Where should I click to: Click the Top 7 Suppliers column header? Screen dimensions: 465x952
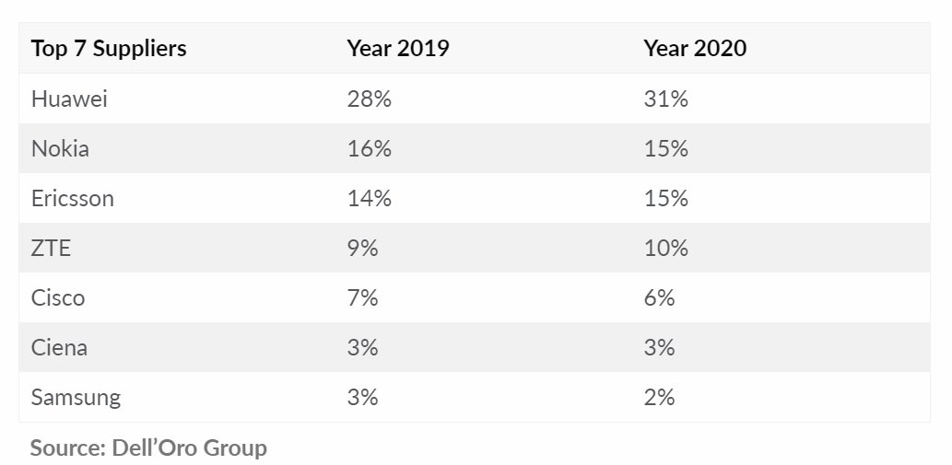pyautogui.click(x=109, y=49)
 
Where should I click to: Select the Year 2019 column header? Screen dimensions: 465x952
pyautogui.click(x=397, y=49)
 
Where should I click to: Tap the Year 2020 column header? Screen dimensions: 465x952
pyautogui.click(x=695, y=49)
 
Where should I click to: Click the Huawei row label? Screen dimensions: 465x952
pyautogui.click(x=69, y=99)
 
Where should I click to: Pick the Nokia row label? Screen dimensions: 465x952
pyautogui.click(x=60, y=148)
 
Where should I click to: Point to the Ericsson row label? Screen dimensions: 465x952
pyautogui.click(x=73, y=198)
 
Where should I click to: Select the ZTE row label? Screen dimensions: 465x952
pyautogui.click(x=52, y=248)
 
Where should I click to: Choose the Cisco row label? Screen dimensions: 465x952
pyautogui.click(x=58, y=297)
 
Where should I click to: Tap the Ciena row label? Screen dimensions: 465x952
pyautogui.click(x=60, y=347)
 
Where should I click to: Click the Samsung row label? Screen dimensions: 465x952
pyautogui.click(x=76, y=397)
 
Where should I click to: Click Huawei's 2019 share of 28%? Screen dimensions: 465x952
pyautogui.click(x=369, y=99)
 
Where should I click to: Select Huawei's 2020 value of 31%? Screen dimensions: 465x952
pyautogui.click(x=665, y=99)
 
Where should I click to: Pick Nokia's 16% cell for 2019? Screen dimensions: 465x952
pyautogui.click(x=369, y=148)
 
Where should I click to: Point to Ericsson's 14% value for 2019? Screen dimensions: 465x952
pyautogui.click(x=369, y=198)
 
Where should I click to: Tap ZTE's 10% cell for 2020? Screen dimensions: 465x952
pyautogui.click(x=665, y=248)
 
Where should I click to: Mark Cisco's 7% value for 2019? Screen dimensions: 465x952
pyautogui.click(x=362, y=297)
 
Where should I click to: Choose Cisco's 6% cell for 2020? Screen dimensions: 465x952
pyautogui.click(x=659, y=297)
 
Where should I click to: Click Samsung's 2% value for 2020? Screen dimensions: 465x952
pyautogui.click(x=659, y=397)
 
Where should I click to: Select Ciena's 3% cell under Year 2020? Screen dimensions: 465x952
pyautogui.click(x=659, y=347)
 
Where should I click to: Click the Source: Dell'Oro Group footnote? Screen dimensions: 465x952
pyautogui.click(x=148, y=448)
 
